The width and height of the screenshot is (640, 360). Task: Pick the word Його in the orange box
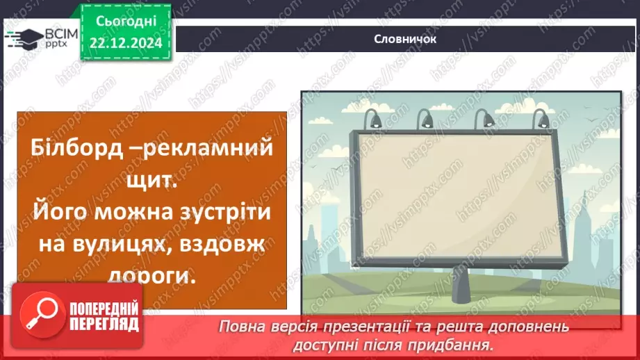coord(55,209)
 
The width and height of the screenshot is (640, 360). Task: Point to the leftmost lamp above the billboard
coord(374,119)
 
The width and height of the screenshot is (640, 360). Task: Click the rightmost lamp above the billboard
coord(538,119)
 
